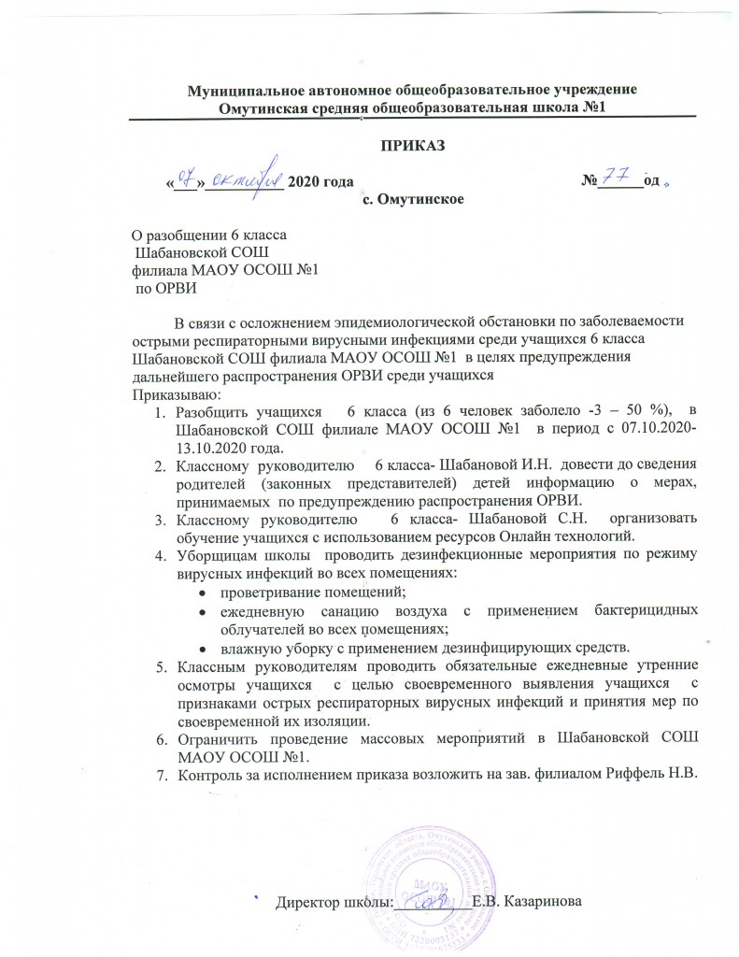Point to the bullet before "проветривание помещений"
tap(203, 592)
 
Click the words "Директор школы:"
tap(330, 902)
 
